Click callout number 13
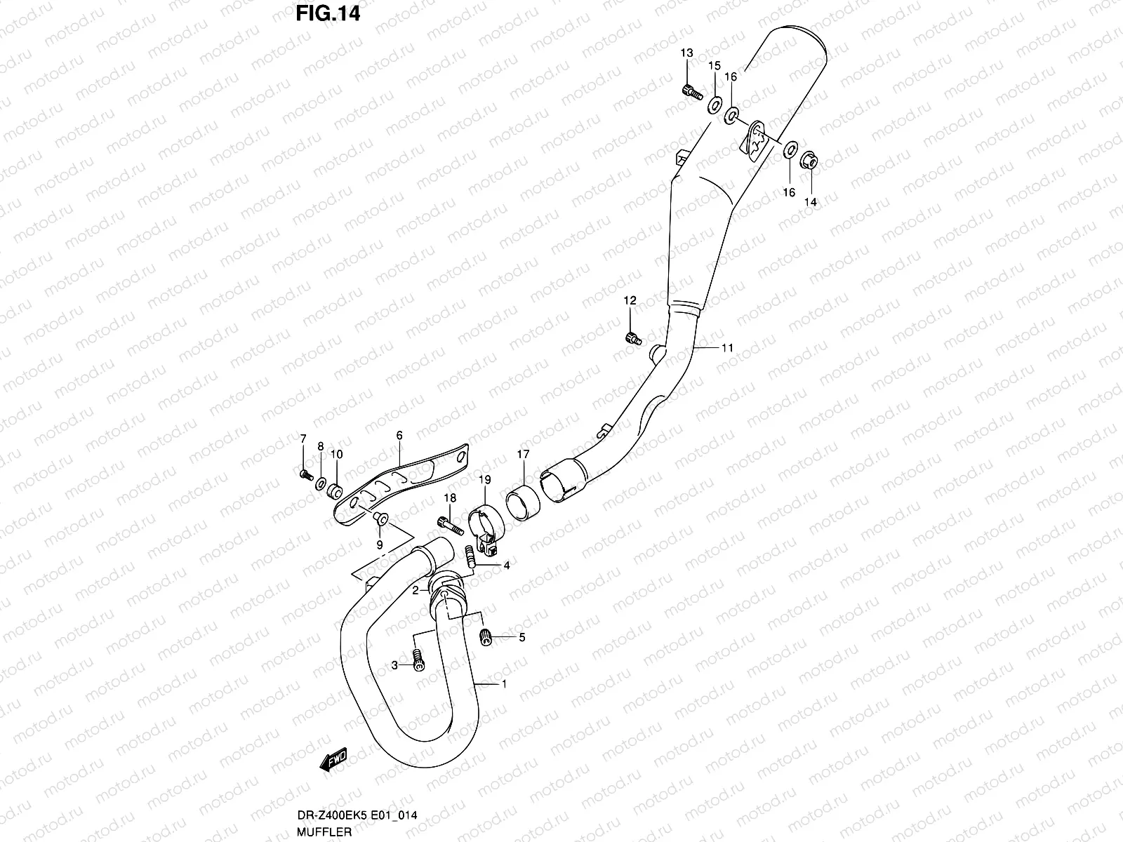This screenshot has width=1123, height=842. (x=686, y=53)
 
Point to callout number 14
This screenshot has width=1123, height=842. (x=811, y=201)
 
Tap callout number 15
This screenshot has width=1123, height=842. (x=714, y=66)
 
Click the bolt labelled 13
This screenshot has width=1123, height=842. (x=690, y=91)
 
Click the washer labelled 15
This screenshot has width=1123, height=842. (x=714, y=105)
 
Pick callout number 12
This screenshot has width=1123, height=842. (x=630, y=301)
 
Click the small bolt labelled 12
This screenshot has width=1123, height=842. (x=632, y=338)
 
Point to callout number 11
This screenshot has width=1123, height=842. (x=726, y=347)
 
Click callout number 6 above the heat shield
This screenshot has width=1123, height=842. (x=399, y=436)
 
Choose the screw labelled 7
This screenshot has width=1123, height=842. (x=305, y=475)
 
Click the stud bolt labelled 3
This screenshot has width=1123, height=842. (x=419, y=660)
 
